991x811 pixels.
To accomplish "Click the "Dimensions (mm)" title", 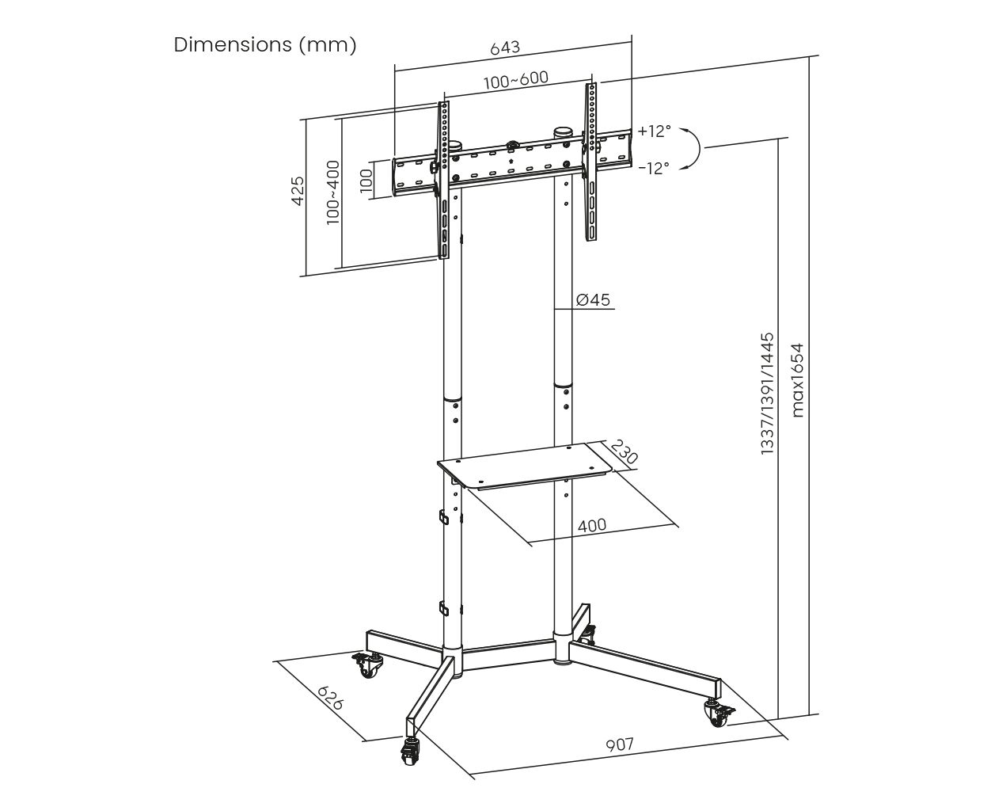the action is [265, 45].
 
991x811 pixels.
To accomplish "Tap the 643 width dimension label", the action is [505, 48].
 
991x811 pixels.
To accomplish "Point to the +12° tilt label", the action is [654, 131].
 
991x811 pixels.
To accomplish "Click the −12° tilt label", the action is [654, 168].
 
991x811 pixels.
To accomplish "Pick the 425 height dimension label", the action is [298, 191].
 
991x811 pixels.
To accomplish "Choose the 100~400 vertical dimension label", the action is [332, 192].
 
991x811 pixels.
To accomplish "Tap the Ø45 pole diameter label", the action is [594, 299].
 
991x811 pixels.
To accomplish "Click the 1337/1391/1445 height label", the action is [767, 393].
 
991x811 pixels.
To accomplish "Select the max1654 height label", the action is [797, 380].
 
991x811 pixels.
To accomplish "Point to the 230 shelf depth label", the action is [624, 451].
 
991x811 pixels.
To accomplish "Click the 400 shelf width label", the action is [592, 525].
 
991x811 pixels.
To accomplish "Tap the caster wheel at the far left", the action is [367, 664].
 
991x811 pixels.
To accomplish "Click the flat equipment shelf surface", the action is [525, 464].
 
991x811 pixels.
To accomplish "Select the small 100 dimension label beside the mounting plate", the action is [366, 181].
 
